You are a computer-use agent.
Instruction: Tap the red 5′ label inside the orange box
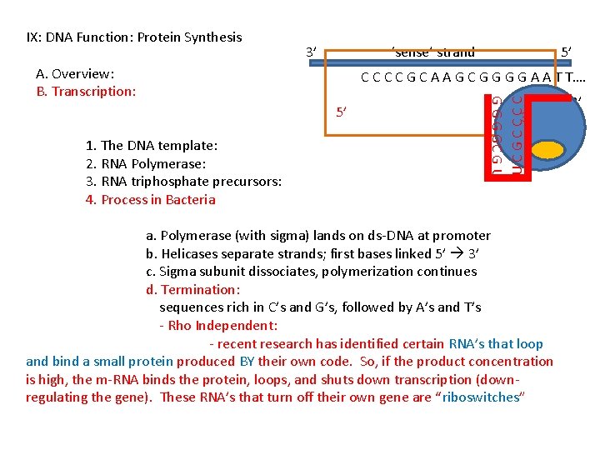click(340, 111)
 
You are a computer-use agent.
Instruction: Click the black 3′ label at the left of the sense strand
click(311, 52)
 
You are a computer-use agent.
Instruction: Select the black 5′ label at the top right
click(566, 52)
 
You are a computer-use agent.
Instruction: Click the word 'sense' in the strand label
click(412, 52)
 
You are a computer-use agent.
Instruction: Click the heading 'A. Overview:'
click(75, 73)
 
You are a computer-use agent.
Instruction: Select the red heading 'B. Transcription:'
click(86, 91)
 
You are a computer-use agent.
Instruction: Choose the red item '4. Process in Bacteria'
click(151, 199)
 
